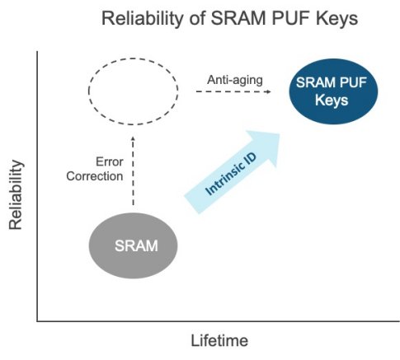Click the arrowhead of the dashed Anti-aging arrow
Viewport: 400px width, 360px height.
(270, 92)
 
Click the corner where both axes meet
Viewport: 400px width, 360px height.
(37, 318)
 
